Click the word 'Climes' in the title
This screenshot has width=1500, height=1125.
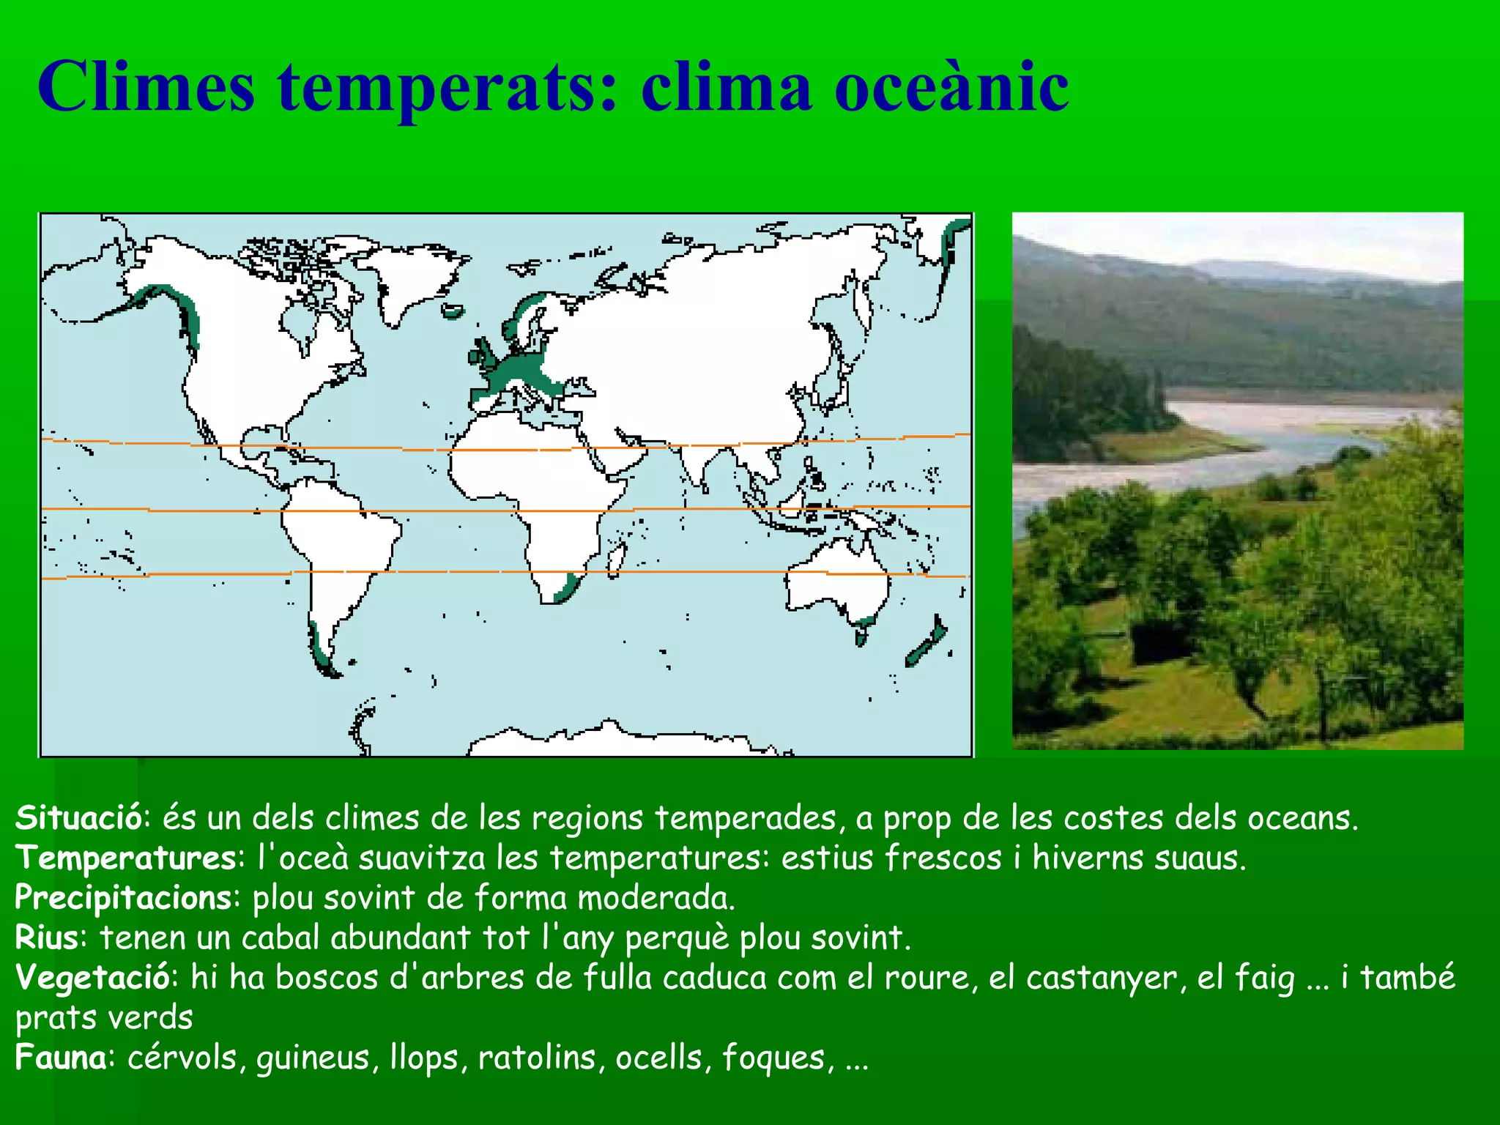(x=146, y=88)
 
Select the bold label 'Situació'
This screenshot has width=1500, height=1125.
(x=78, y=818)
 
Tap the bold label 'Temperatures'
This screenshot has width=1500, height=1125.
(x=125, y=858)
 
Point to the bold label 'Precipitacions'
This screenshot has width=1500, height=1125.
(x=123, y=898)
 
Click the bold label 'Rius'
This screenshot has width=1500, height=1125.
(x=46, y=937)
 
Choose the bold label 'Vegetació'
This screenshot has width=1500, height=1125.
(x=92, y=978)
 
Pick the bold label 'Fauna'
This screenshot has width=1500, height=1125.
(x=61, y=1058)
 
